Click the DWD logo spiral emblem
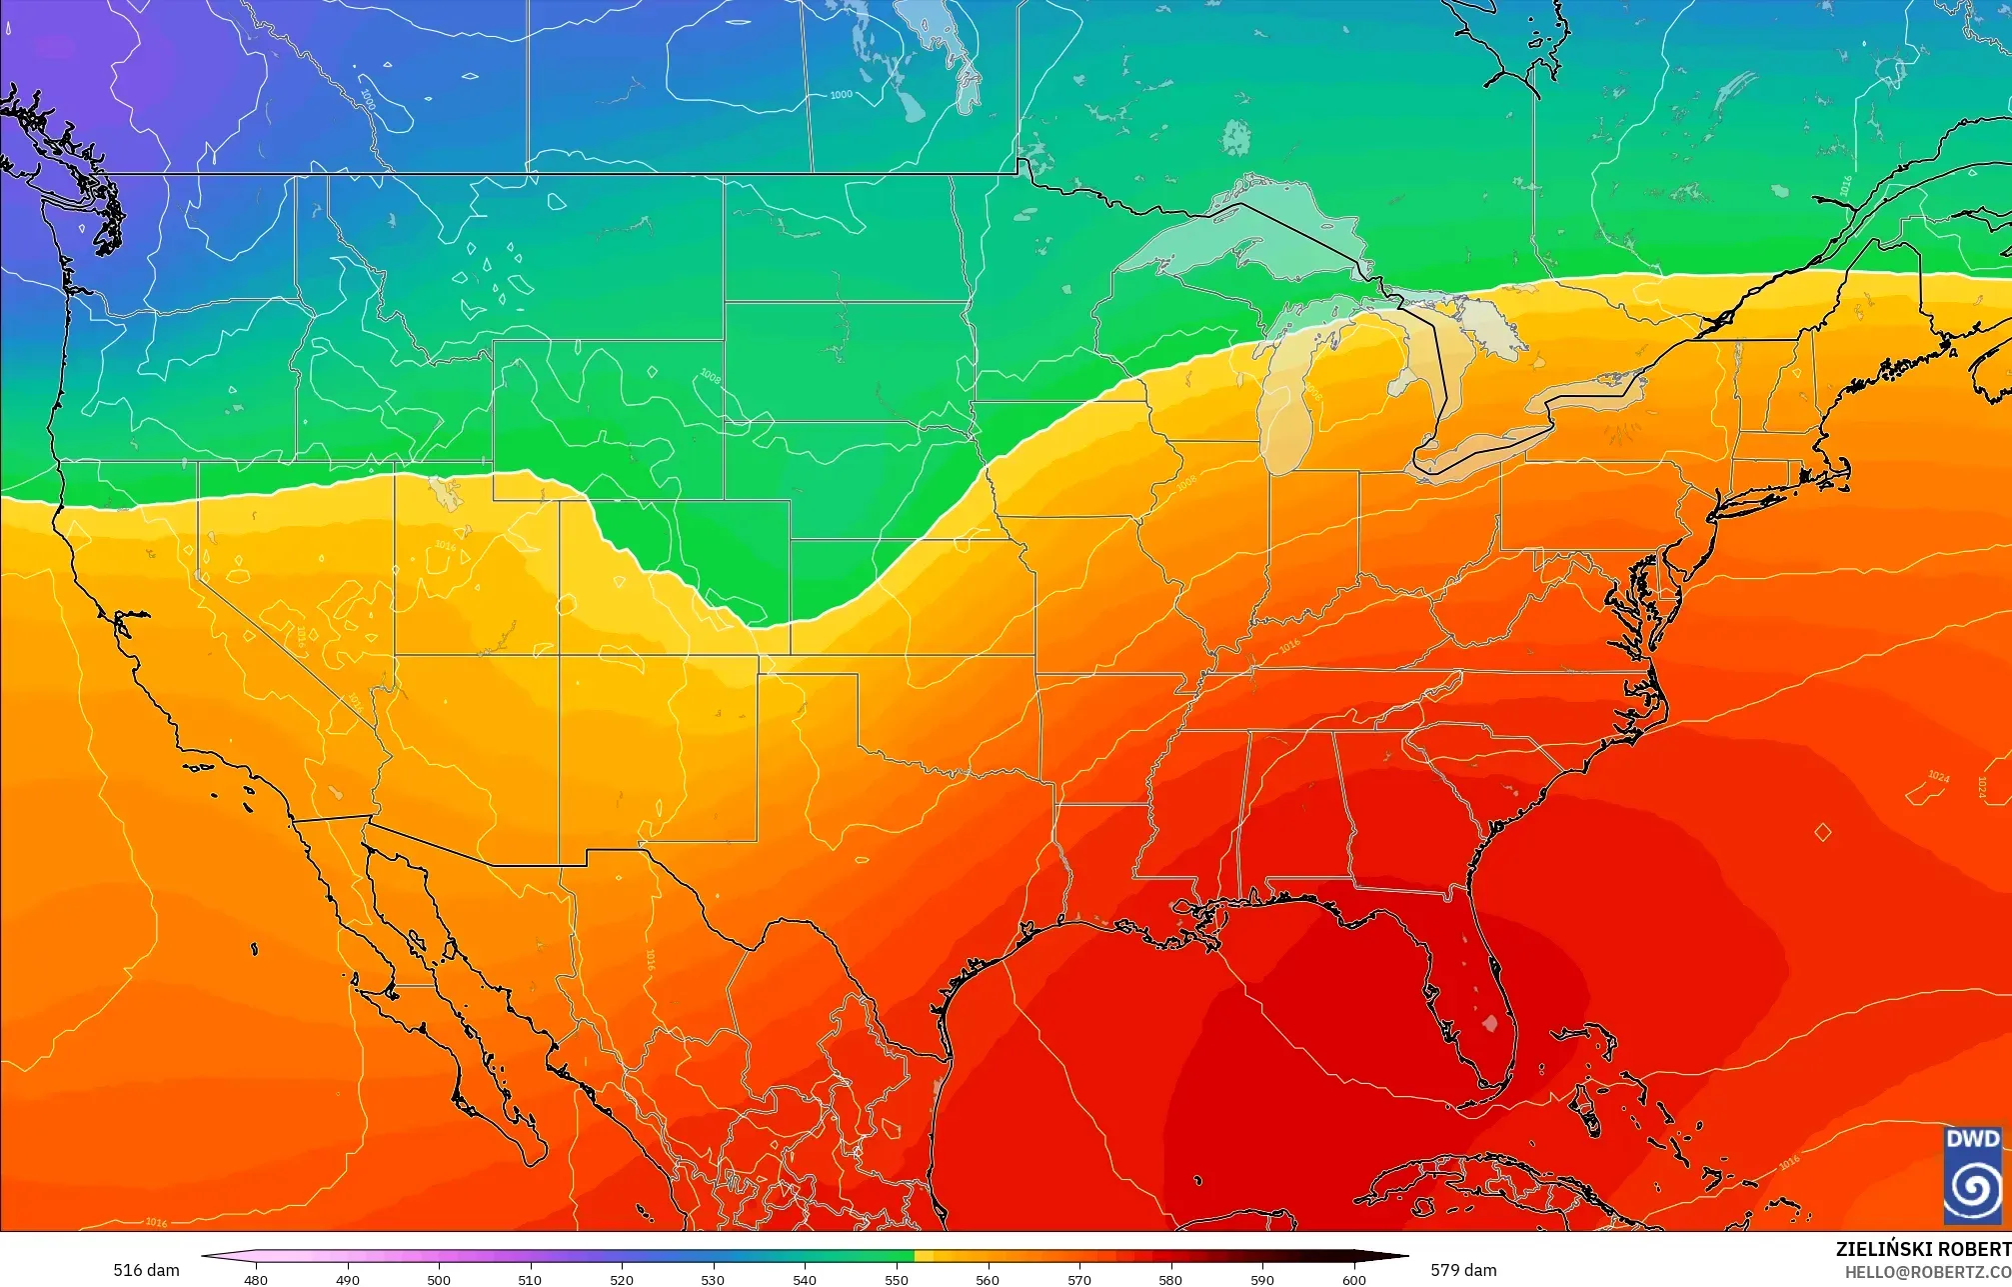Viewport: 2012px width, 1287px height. pyautogui.click(x=1973, y=1186)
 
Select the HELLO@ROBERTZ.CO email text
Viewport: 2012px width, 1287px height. pyautogui.click(x=1927, y=1272)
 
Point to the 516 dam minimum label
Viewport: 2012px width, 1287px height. pyautogui.click(x=146, y=1270)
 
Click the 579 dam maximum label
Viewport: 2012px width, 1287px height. pyautogui.click(x=1463, y=1270)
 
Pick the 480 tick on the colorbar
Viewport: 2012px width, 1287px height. pyautogui.click(x=256, y=1279)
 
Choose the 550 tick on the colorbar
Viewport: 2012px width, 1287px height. pyautogui.click(x=897, y=1279)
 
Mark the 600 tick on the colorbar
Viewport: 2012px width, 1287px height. pyautogui.click(x=1353, y=1279)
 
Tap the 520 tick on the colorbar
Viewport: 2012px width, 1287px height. pyautogui.click(x=622, y=1279)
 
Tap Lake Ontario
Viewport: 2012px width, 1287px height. pyautogui.click(x=1589, y=384)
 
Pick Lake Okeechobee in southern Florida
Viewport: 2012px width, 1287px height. pyautogui.click(x=1490, y=1023)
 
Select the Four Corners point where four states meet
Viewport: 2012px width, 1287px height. pyautogui.click(x=559, y=655)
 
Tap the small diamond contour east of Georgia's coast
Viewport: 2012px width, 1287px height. pyautogui.click(x=1822, y=832)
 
